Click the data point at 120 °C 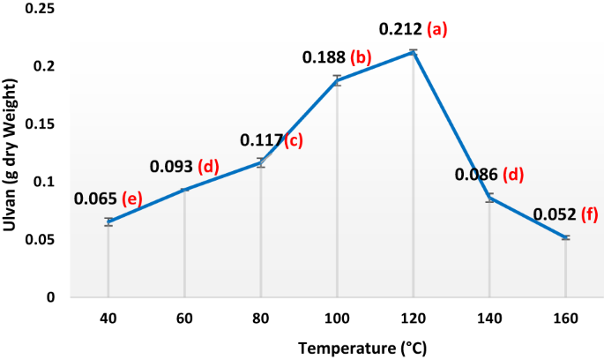pyautogui.click(x=414, y=52)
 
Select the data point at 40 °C pyautogui.click(x=108, y=221)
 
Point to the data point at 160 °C pyautogui.click(x=566, y=237)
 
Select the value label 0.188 pyautogui.click(x=324, y=57)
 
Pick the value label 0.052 pyautogui.click(x=553, y=214)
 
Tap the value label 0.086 pyautogui.click(x=476, y=175)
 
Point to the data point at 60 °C pyautogui.click(x=184, y=190)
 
